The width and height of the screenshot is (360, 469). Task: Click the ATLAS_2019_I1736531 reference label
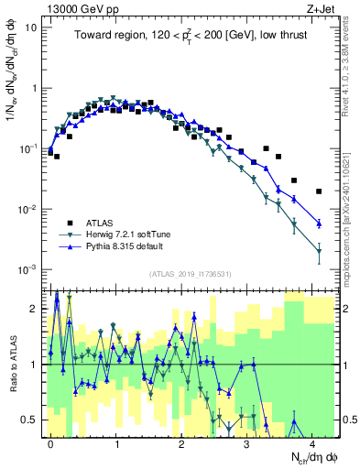pyautogui.click(x=191, y=274)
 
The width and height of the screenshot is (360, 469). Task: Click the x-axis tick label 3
pyautogui.click(x=248, y=441)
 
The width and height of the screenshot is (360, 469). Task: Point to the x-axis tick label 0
pyautogui.click(x=50, y=441)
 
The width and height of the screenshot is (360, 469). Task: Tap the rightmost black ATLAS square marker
pyautogui.click(x=319, y=191)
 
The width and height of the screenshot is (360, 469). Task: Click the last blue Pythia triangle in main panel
pyautogui.click(x=319, y=224)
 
